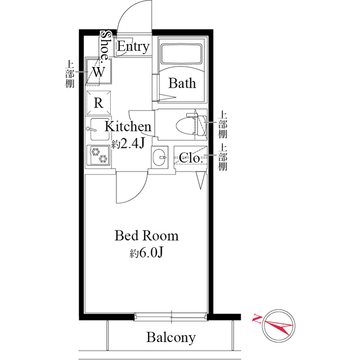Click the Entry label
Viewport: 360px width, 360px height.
coord(133,47)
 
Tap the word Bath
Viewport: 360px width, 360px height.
coord(182,83)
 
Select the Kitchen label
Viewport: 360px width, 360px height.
coord(128,126)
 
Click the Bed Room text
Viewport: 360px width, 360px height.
coord(146,236)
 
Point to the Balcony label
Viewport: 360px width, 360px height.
coord(171,337)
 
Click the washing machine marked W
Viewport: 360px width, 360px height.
coord(98,71)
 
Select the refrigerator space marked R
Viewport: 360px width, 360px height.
coord(98,102)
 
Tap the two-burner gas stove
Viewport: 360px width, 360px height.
coord(98,155)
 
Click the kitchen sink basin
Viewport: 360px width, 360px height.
coord(100,129)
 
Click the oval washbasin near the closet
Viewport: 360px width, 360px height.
coord(159,157)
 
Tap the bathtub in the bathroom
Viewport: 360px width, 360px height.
coord(181,54)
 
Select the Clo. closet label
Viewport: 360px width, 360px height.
coord(191,157)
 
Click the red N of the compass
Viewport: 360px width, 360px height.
coord(257,318)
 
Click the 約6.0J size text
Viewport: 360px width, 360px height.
coord(146,253)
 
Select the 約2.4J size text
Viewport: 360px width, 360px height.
coord(128,144)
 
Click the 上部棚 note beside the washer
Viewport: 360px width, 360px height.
coord(70,74)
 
